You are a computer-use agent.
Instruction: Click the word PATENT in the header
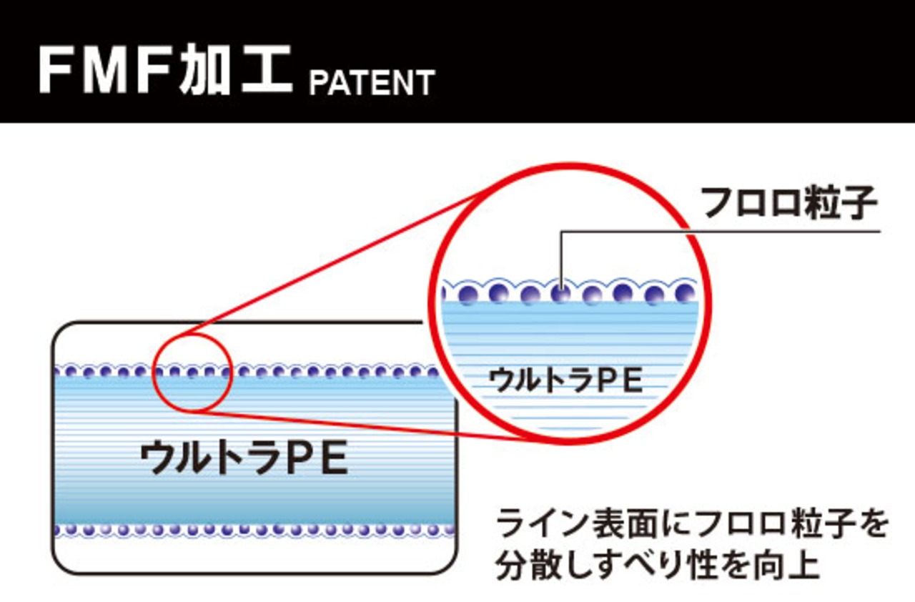(372, 82)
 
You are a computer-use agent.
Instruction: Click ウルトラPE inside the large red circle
(565, 380)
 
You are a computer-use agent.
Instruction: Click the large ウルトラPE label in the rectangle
(244, 458)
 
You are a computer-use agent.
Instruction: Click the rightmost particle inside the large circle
(685, 292)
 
